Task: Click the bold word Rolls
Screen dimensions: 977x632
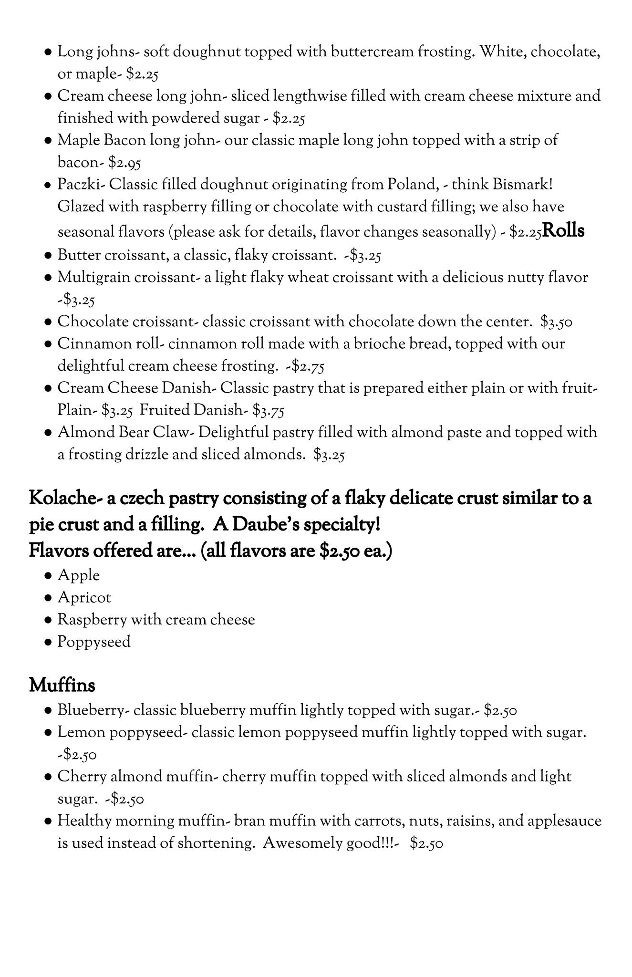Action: tap(563, 231)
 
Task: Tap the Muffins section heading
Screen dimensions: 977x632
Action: tap(62, 686)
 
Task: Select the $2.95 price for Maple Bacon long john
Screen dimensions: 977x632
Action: tap(124, 163)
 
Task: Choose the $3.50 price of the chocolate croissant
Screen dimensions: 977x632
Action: tap(556, 322)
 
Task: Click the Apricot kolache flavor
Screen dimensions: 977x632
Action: tap(84, 598)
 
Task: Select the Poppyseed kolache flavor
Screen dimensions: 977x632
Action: tap(94, 642)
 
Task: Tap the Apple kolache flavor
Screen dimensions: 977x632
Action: tap(79, 575)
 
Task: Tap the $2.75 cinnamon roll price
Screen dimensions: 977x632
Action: tap(309, 366)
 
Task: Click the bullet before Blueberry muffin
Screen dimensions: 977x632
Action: tap(48, 711)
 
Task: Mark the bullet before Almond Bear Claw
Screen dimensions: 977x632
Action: tap(48, 433)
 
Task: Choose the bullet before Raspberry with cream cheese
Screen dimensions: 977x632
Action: tap(48, 620)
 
